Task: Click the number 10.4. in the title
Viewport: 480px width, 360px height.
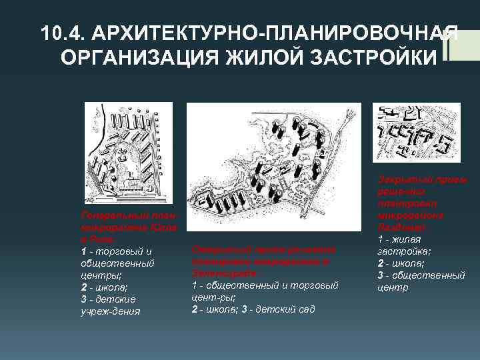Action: click(x=63, y=33)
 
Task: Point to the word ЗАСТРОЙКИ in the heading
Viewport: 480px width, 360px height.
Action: click(x=359, y=58)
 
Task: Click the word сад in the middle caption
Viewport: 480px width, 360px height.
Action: click(x=307, y=309)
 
